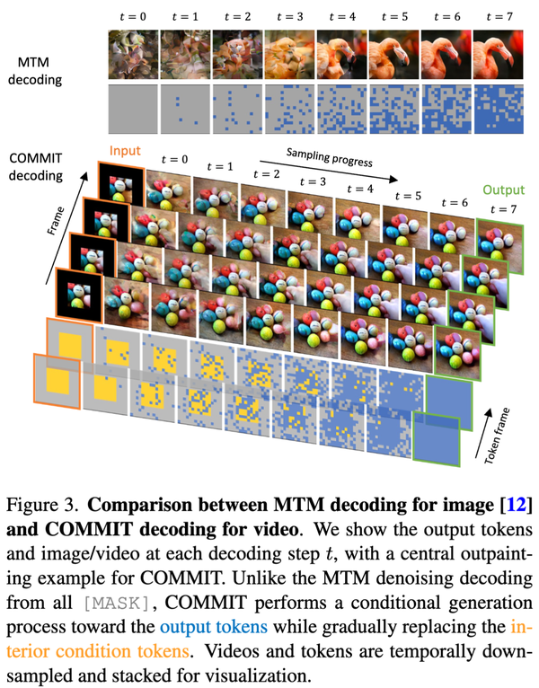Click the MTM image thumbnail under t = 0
131,53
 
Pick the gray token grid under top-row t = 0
131,104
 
